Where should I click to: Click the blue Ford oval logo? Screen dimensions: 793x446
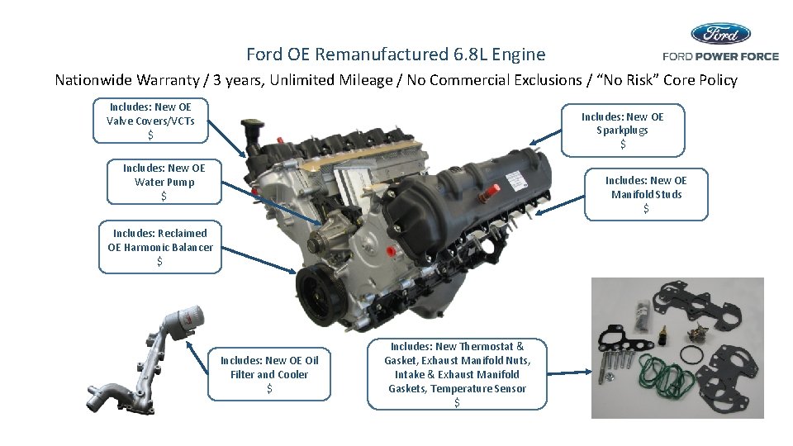coord(720,34)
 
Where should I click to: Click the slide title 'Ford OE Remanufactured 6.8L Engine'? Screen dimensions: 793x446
coord(396,55)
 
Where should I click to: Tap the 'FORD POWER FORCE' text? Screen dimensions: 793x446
coord(720,56)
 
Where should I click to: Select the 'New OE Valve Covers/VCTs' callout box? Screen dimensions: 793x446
coord(150,121)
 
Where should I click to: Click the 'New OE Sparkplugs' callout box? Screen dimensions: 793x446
coord(622,130)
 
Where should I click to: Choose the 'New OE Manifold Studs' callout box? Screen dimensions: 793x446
coord(646,194)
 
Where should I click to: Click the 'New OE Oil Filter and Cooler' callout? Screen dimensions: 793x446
coord(269,374)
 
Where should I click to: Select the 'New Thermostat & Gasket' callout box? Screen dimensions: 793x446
coord(456,373)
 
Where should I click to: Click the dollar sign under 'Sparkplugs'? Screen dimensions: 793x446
coord(622,145)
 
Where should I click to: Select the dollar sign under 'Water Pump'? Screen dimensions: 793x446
coord(164,196)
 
